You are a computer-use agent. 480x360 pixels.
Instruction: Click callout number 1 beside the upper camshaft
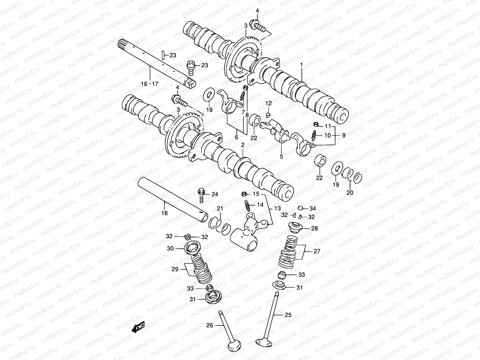(301, 64)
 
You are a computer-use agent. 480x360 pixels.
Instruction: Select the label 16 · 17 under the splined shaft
(149, 84)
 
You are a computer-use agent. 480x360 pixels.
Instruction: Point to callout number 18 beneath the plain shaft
(164, 213)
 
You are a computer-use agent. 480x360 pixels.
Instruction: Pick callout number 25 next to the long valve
(288, 315)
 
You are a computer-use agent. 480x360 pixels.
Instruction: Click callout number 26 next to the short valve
(210, 325)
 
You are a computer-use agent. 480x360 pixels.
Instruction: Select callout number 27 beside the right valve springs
(317, 251)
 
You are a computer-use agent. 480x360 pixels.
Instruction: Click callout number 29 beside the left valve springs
(175, 269)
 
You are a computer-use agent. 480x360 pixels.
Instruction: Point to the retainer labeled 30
(190, 249)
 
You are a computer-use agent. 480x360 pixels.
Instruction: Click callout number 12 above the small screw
(268, 103)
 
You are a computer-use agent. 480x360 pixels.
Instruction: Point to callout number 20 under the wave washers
(350, 193)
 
